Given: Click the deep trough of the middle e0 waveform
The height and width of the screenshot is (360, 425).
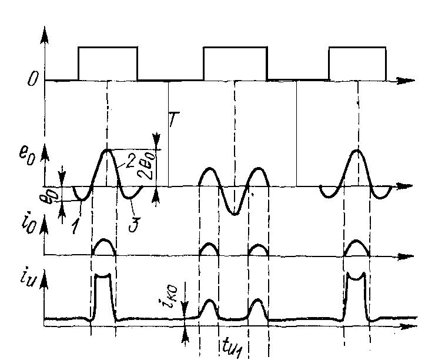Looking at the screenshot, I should coord(234,214).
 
